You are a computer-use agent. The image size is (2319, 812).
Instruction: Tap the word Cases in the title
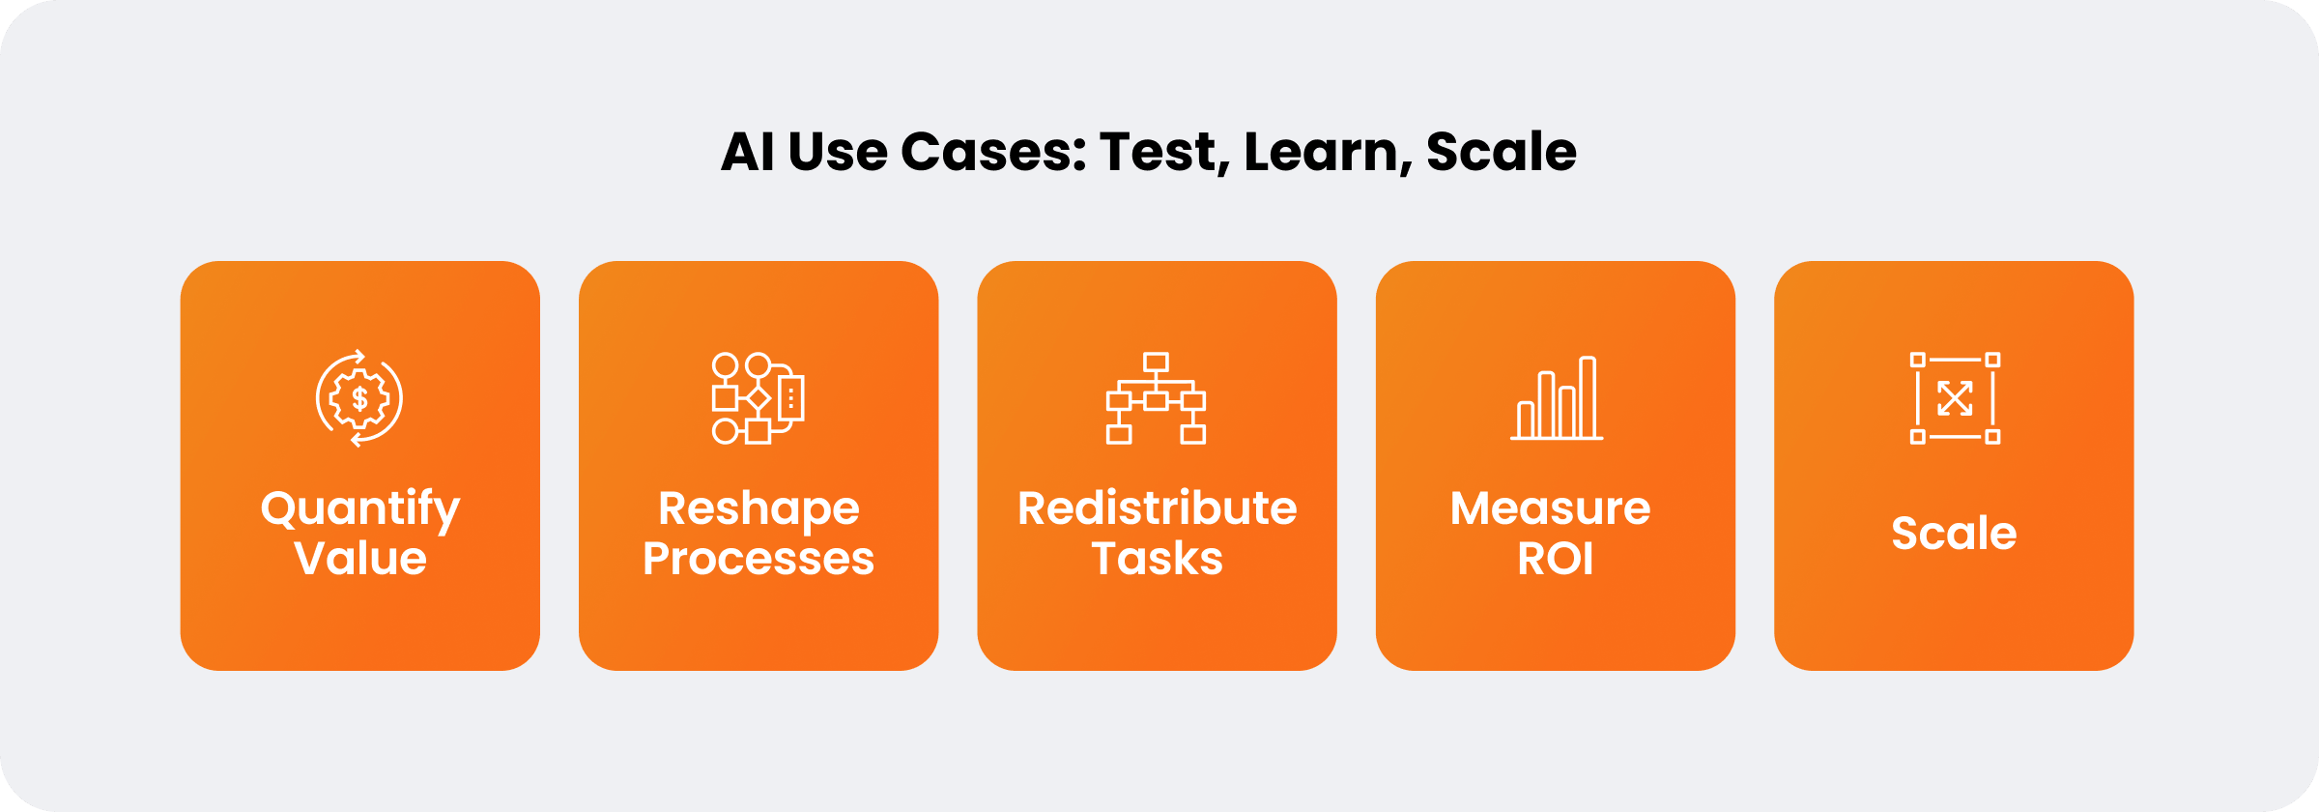(994, 152)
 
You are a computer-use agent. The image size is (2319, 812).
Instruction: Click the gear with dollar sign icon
(359, 398)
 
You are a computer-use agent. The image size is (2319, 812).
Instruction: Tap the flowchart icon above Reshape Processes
(759, 398)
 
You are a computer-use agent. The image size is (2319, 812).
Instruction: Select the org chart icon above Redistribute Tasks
(1156, 398)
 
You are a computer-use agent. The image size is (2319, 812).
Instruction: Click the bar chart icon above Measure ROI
(1556, 398)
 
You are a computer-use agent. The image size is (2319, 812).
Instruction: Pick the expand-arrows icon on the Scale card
(1955, 398)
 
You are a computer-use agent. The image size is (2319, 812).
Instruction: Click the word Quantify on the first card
(360, 510)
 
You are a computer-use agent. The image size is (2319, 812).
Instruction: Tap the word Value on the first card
(360, 559)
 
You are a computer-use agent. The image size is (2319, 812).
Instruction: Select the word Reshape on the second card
(759, 510)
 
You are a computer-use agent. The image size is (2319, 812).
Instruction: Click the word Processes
(759, 559)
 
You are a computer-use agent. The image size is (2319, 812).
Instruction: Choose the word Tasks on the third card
(1157, 559)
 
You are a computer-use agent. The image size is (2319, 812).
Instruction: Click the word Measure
(1551, 508)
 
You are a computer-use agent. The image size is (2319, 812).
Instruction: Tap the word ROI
(1556, 559)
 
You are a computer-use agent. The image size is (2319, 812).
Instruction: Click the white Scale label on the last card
(1954, 533)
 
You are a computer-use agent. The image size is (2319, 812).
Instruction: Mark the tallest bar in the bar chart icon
(1588, 397)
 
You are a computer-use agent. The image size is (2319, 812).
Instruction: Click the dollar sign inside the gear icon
(359, 398)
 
